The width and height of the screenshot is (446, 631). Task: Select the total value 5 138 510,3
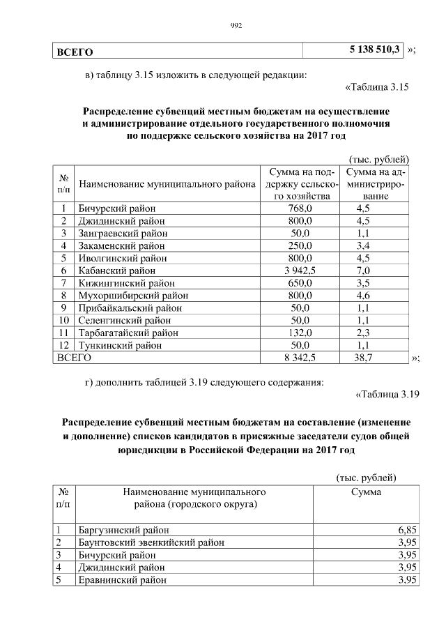point(375,50)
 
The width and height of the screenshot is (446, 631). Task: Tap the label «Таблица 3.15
point(376,87)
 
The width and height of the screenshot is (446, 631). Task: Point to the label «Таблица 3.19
point(387,395)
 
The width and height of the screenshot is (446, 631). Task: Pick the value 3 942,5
point(301,270)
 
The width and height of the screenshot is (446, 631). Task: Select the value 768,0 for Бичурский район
point(301,208)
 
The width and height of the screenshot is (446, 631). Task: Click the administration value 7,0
point(363,270)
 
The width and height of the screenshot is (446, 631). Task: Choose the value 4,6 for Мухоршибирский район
point(363,295)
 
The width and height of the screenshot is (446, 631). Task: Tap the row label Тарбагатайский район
point(123,333)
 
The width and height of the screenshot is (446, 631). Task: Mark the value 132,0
point(301,333)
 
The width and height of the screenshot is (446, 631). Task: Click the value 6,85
point(407,531)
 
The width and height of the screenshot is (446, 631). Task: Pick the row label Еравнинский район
point(123,580)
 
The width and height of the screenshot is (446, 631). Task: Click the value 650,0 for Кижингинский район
point(301,282)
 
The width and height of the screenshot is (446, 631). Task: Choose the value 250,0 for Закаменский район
point(301,245)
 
